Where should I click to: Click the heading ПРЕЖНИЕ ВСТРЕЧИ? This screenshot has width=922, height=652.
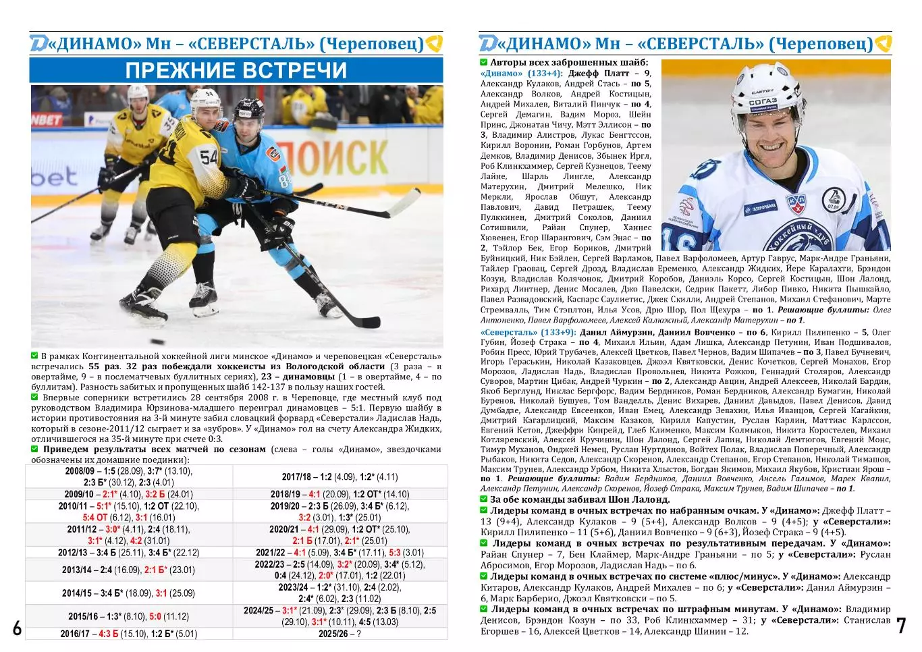(x=236, y=70)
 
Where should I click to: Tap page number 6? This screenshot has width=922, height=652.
(x=17, y=628)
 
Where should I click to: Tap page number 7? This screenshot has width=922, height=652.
(x=901, y=626)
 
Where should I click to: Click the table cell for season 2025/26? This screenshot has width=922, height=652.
(x=340, y=634)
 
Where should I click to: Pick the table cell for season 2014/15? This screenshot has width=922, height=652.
(x=129, y=593)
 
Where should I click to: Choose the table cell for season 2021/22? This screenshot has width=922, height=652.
(x=340, y=552)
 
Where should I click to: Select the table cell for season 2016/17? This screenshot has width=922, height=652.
(x=129, y=634)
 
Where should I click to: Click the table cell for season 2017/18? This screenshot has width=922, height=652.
(x=340, y=477)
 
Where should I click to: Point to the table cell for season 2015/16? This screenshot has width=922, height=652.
(x=129, y=616)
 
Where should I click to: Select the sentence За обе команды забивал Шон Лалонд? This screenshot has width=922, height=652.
(x=579, y=499)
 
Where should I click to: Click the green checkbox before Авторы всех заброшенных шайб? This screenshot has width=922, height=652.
(x=484, y=63)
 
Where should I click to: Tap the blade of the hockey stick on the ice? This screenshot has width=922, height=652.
(x=364, y=321)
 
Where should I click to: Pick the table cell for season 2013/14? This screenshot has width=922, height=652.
(x=129, y=570)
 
